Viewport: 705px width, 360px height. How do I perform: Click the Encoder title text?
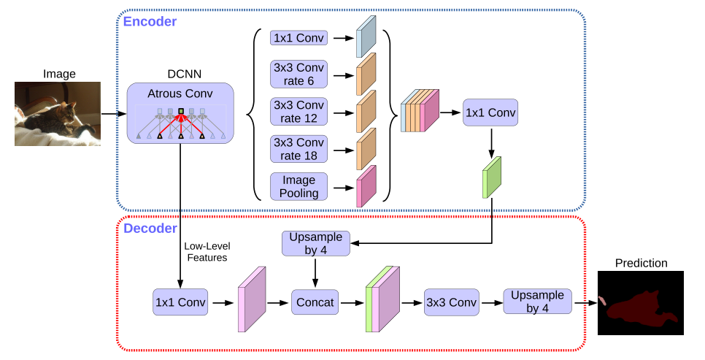pos(150,21)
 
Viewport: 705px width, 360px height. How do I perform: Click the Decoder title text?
pos(150,229)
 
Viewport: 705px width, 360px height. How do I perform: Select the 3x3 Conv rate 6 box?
pos(299,74)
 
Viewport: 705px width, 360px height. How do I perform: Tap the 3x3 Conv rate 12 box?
pos(299,112)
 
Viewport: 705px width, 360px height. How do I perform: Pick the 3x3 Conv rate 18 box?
pos(299,149)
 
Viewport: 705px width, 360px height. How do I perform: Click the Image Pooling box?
pos(299,185)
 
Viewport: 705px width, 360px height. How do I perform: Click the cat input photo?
pos(58,114)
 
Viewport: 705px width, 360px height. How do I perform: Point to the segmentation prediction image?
pos(641,302)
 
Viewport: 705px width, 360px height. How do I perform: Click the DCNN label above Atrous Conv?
pos(180,74)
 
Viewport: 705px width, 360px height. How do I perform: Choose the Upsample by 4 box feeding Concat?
pos(315,244)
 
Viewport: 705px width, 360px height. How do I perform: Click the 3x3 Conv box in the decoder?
pos(451,301)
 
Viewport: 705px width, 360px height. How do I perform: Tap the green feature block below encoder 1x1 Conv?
pos(492,177)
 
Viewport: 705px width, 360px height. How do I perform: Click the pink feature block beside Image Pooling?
pos(366,186)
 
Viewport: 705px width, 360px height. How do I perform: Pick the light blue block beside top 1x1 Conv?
pos(366,38)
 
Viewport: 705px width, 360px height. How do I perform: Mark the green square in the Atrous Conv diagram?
pos(180,111)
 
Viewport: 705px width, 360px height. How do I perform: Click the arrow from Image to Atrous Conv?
pos(113,114)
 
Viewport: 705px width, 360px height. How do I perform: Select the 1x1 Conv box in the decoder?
pos(180,301)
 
